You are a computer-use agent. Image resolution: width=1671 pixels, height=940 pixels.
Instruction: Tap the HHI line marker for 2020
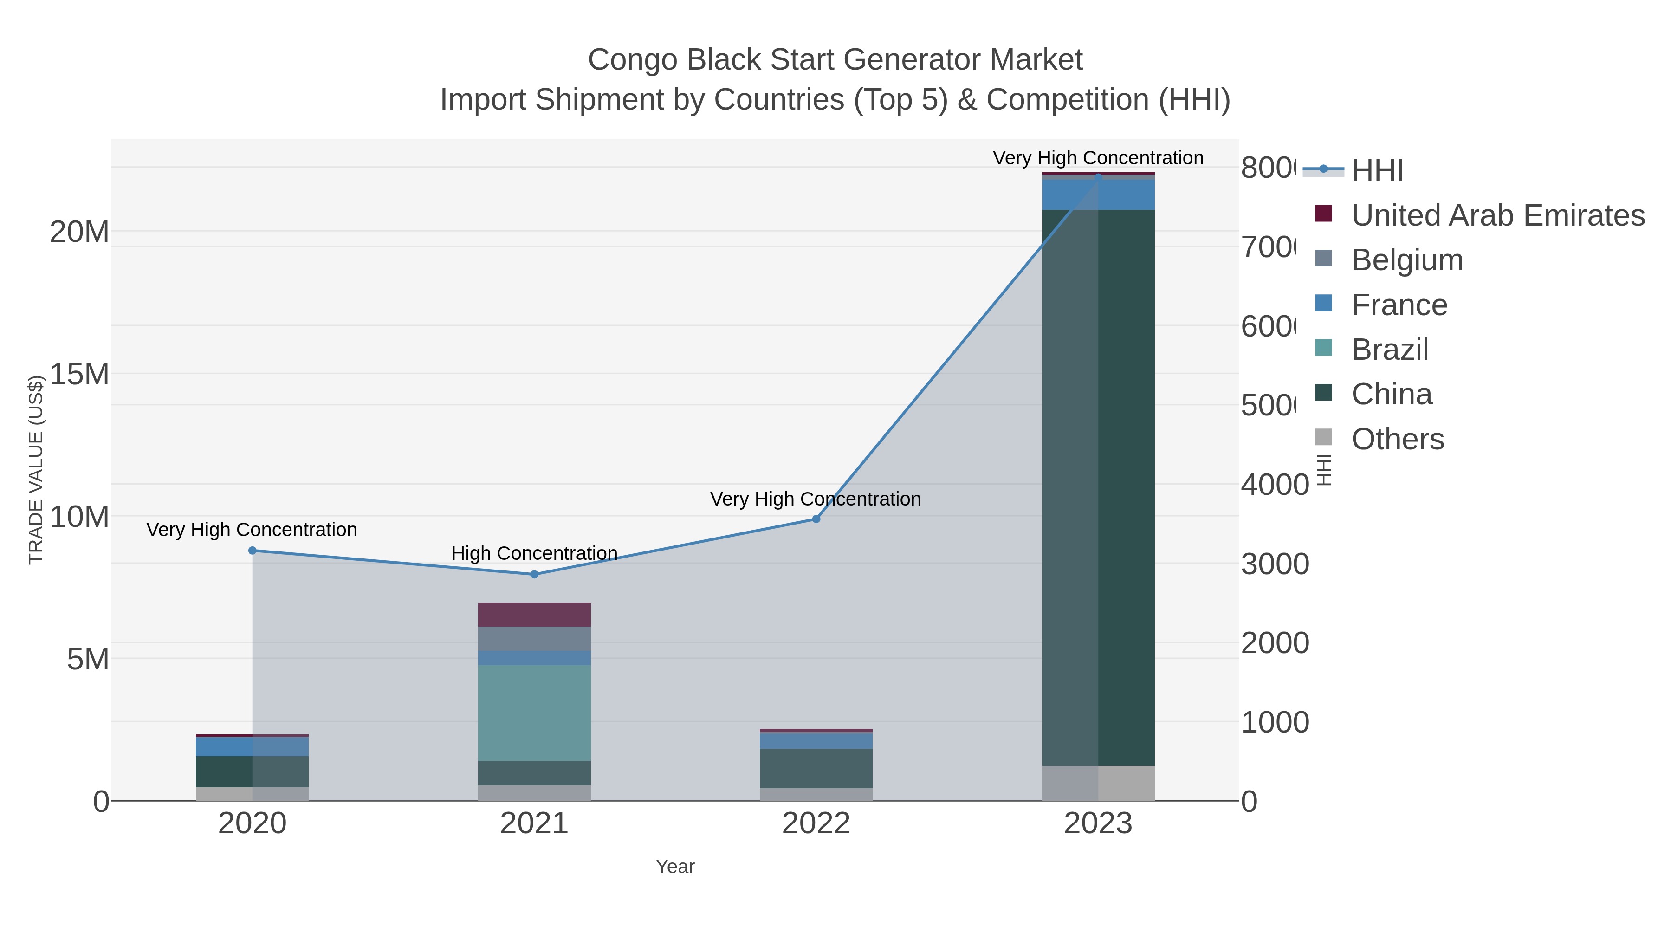[253, 550]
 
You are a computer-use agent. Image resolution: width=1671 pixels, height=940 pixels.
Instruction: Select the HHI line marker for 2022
[816, 519]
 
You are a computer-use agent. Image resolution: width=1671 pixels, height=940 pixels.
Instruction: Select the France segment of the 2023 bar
[1098, 194]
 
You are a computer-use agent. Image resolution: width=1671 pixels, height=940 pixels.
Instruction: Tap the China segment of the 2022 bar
[816, 768]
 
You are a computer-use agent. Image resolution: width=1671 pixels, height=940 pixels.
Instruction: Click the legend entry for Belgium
[1407, 260]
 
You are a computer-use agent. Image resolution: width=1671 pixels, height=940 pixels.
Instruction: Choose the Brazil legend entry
[1389, 350]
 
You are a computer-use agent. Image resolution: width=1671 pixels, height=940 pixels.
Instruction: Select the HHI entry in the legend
[1377, 171]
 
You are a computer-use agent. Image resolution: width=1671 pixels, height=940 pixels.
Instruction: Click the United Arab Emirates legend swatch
[1323, 214]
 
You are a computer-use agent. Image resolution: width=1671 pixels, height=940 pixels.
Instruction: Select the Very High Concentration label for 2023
[1098, 158]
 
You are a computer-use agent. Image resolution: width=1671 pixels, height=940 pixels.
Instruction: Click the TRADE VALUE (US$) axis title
[36, 470]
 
